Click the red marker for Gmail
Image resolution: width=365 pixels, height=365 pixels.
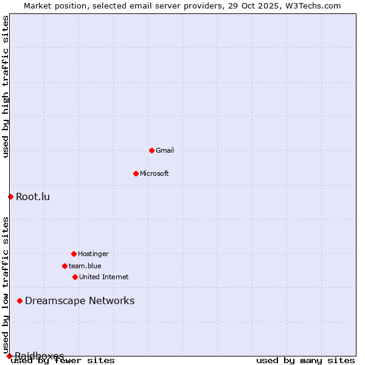[x=151, y=150]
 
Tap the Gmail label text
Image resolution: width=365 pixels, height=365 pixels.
[x=165, y=150]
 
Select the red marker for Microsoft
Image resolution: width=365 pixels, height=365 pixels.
[x=136, y=173]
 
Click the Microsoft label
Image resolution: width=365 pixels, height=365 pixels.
[x=155, y=173]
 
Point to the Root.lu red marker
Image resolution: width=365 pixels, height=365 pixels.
[x=10, y=196]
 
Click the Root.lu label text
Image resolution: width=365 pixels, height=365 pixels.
[x=33, y=196]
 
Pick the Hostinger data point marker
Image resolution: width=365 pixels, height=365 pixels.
[x=74, y=254]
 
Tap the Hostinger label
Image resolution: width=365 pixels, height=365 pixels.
[x=93, y=254]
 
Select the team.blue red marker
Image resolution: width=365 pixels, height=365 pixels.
[x=64, y=266]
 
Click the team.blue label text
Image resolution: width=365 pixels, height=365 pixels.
[x=85, y=266]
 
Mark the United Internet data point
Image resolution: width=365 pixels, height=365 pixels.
[x=75, y=277]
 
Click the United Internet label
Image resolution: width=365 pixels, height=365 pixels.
[x=104, y=277]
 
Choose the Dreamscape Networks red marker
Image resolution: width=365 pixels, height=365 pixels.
[x=19, y=301]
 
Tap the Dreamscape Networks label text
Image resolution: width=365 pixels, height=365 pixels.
[x=80, y=301]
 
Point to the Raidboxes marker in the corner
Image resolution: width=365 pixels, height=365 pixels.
[x=9, y=356]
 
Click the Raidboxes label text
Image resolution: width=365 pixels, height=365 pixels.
[x=40, y=355]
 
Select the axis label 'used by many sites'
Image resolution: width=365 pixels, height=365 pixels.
[x=305, y=361]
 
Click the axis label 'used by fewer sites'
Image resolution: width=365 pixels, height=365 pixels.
[x=63, y=361]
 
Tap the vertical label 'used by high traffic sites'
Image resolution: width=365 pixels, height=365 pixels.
[x=5, y=86]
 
